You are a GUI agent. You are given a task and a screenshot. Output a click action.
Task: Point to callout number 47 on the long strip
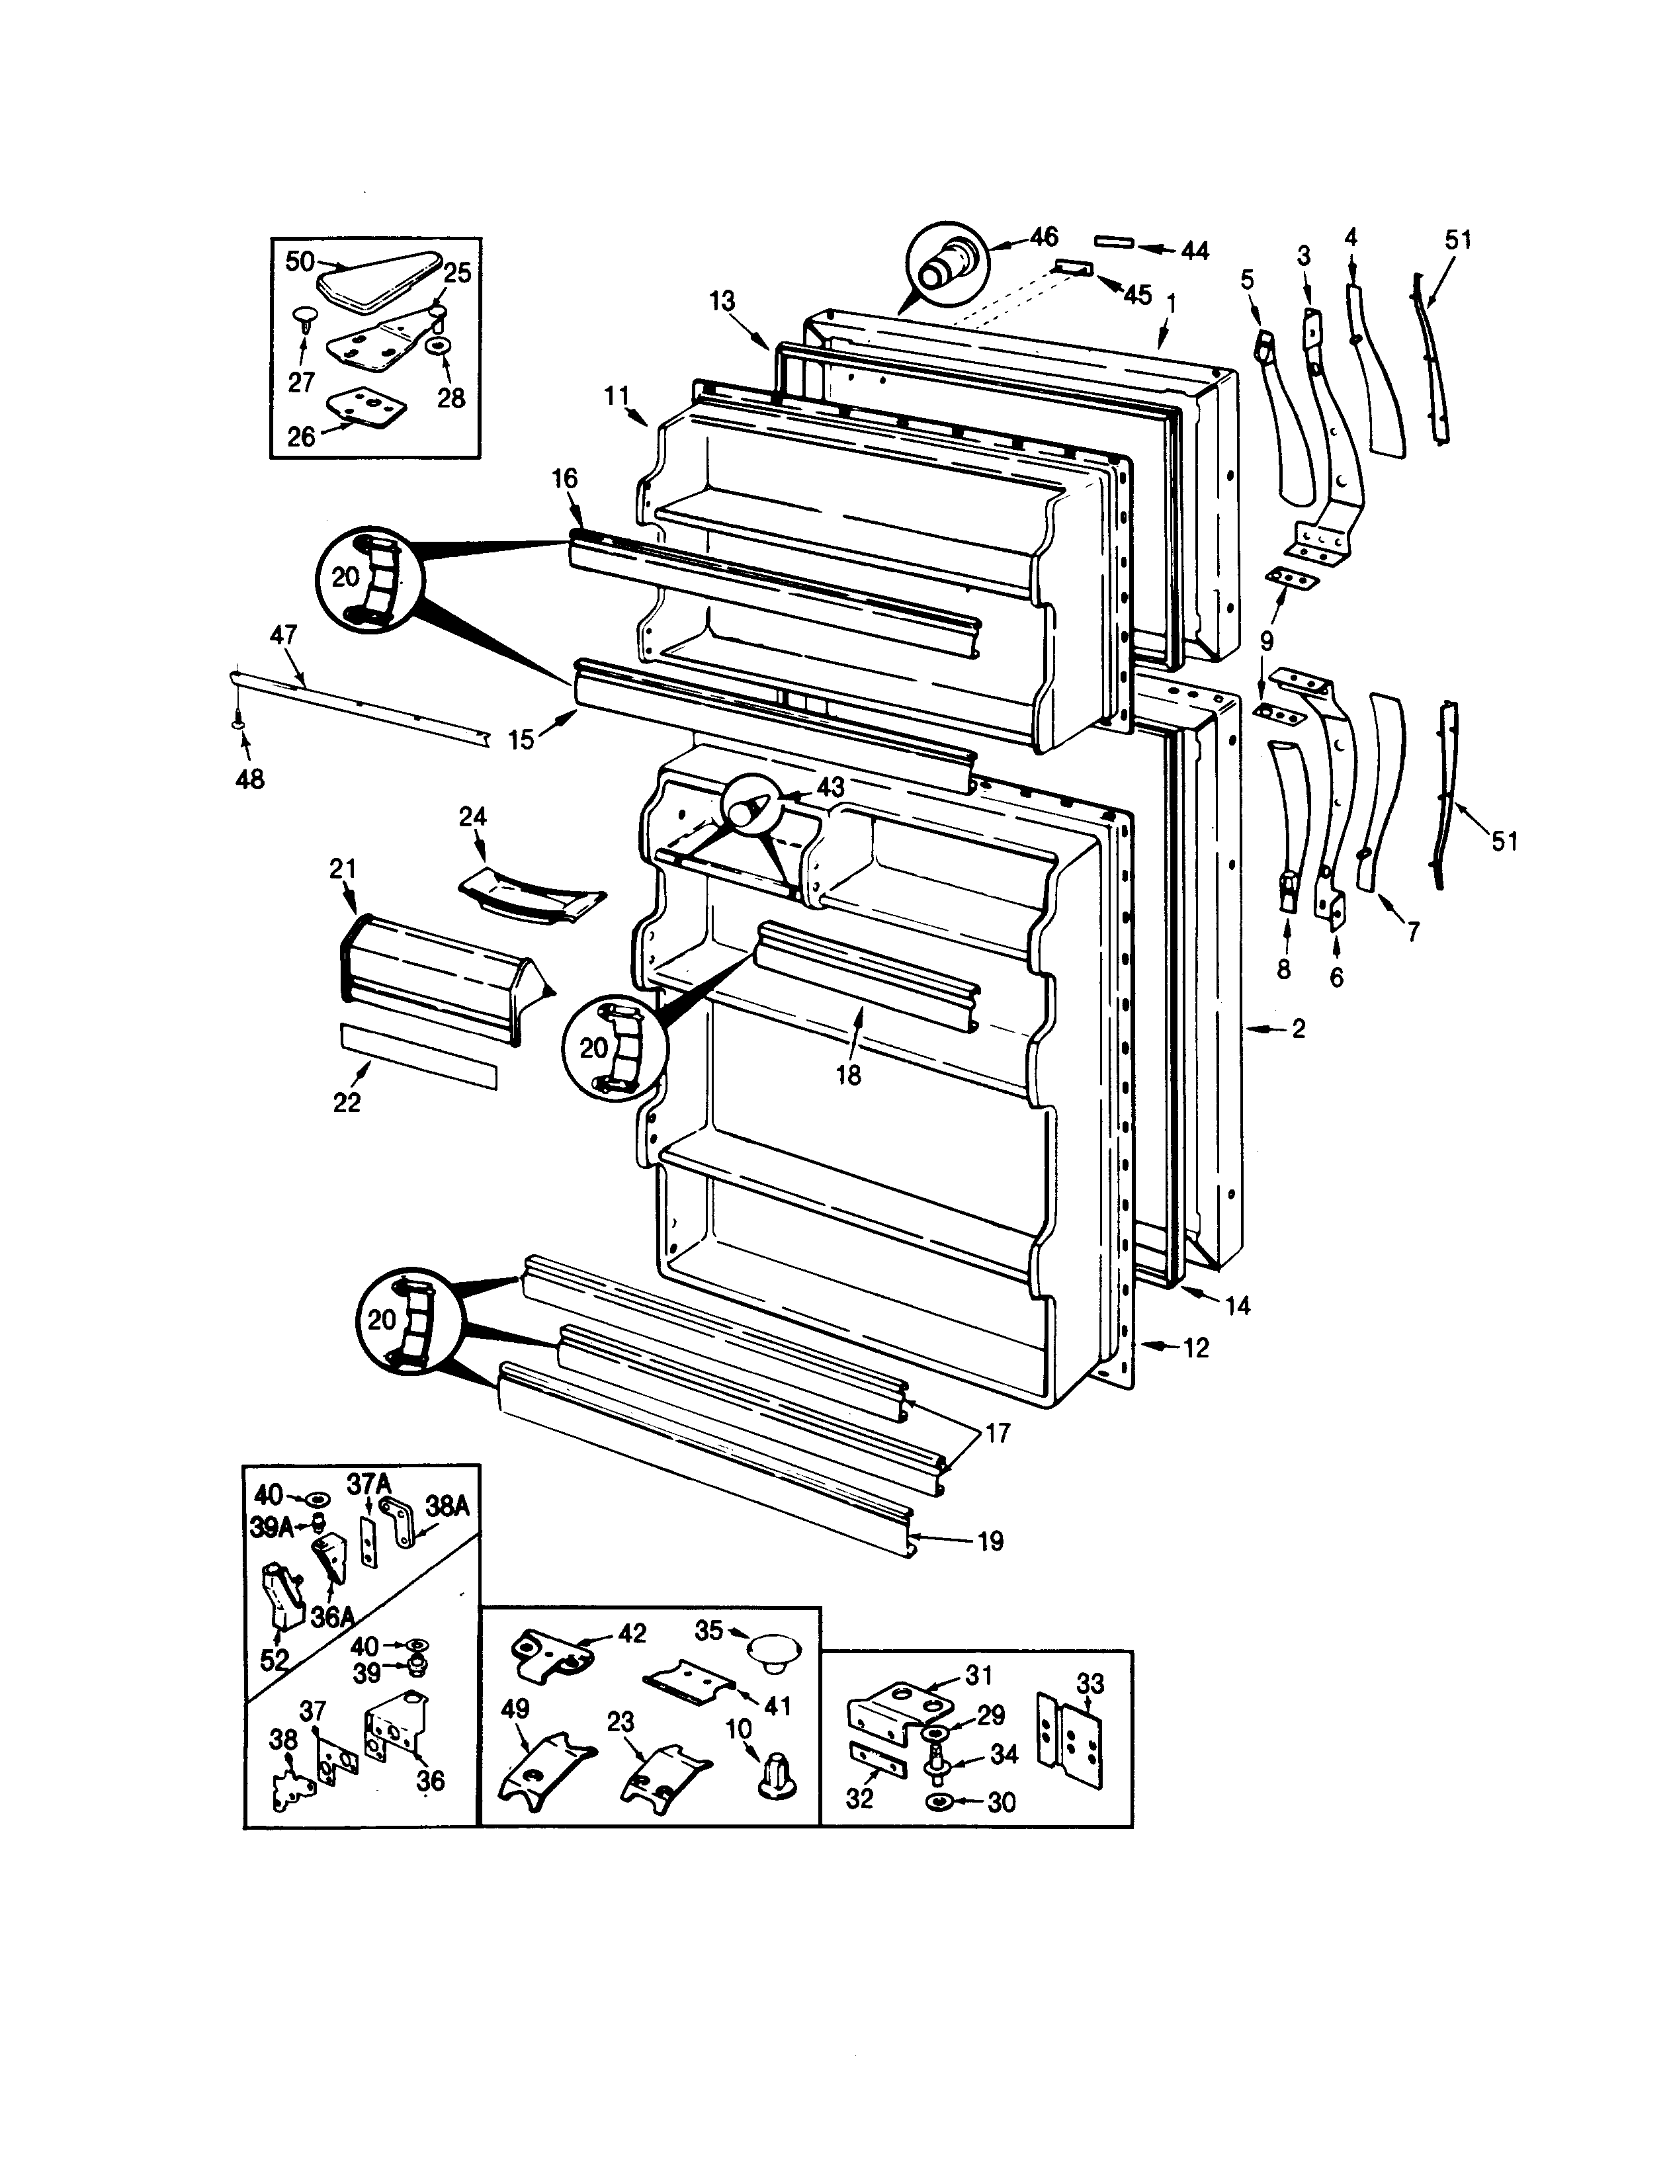click(284, 635)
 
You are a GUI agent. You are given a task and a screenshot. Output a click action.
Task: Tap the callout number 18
click(848, 1076)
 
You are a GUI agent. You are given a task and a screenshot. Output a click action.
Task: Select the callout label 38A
click(447, 1506)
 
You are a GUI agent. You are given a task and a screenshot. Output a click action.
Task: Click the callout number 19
click(990, 1541)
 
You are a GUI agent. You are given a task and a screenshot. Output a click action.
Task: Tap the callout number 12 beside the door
click(1196, 1348)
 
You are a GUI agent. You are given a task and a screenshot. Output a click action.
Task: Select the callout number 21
click(343, 869)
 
